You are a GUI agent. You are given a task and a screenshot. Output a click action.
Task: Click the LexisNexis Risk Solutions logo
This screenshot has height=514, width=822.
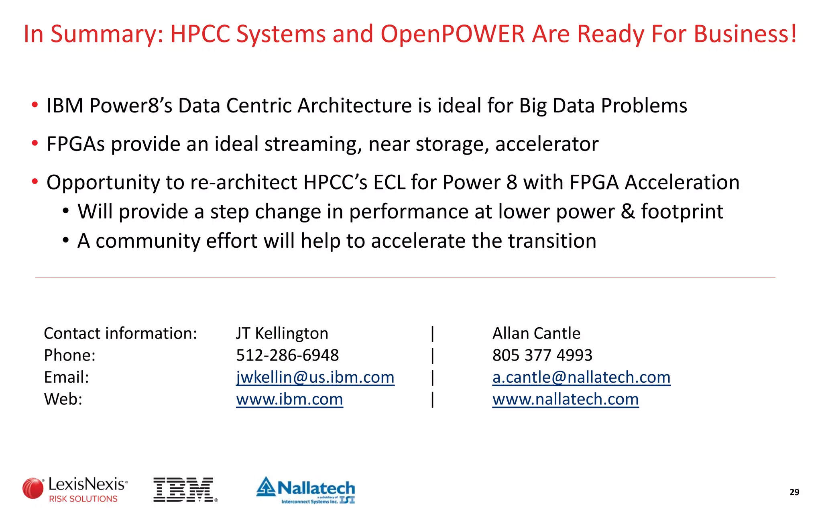[75, 490]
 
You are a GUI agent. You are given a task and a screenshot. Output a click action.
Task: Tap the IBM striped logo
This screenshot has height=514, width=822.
[185, 490]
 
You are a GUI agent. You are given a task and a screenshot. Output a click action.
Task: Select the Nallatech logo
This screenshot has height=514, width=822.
[306, 490]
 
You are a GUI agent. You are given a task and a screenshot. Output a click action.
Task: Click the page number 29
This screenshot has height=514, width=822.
[794, 492]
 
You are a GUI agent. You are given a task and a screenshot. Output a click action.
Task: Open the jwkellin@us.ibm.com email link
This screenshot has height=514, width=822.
[315, 377]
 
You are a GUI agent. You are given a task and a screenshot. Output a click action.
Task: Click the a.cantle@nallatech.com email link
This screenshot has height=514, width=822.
[581, 377]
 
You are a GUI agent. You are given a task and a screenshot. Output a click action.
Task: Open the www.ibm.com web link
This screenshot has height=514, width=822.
[289, 399]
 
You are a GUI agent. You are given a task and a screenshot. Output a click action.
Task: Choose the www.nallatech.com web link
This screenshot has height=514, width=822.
[565, 399]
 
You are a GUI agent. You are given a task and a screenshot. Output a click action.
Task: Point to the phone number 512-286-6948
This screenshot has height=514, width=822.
[287, 355]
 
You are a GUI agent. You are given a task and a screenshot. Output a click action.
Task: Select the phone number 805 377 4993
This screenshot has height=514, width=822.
[542, 355]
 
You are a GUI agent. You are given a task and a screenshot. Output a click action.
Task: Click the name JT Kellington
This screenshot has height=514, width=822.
[282, 333]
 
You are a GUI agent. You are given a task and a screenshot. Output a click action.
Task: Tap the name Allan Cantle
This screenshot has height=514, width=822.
[536, 333]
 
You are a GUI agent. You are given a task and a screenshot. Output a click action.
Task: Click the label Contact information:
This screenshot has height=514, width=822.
[120, 333]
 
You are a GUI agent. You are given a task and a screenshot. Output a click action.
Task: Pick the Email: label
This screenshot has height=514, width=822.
[66, 377]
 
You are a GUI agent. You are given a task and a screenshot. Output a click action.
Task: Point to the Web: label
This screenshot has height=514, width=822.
[63, 399]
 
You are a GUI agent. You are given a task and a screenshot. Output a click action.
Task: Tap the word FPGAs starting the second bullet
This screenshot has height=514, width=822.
[75, 144]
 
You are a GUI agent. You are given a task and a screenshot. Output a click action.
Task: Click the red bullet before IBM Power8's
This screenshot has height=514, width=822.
[35, 105]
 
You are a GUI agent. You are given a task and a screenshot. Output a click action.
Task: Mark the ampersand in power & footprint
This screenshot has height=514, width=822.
[628, 212]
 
